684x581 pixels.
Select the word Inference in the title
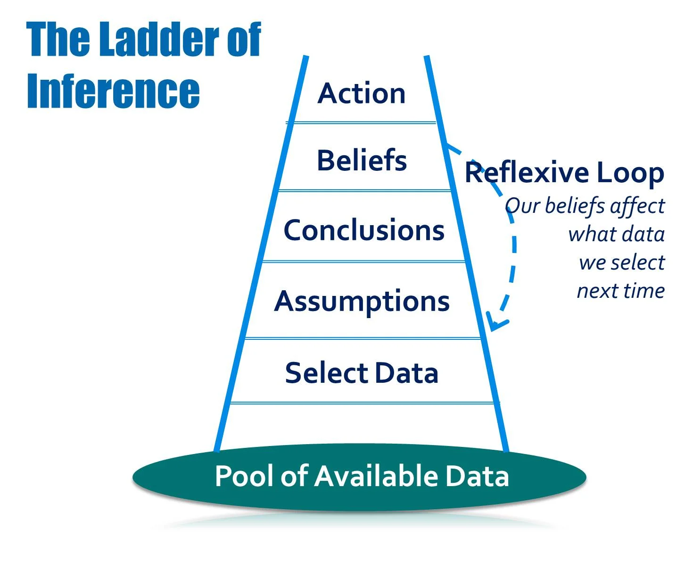[x=113, y=91]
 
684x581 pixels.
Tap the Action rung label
[x=361, y=93]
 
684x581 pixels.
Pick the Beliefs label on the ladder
[x=362, y=160]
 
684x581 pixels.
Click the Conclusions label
[x=364, y=230]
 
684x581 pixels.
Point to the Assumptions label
[x=362, y=301]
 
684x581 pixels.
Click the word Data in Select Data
[x=407, y=373]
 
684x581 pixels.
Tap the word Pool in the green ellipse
[x=245, y=476]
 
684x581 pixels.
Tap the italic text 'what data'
[x=616, y=234]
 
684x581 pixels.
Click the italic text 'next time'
[x=620, y=291]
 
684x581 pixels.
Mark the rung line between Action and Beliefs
[x=361, y=123]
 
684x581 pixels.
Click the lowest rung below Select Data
[x=364, y=403]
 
